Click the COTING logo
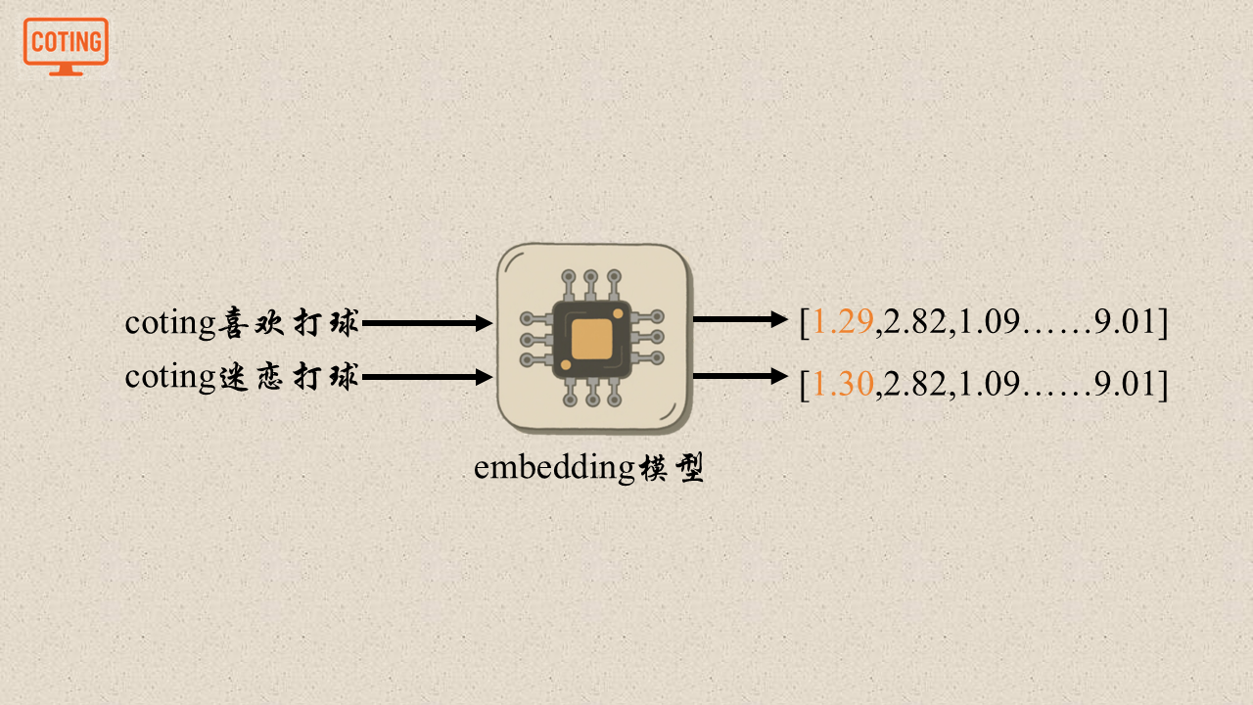click(x=66, y=44)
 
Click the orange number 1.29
click(x=843, y=322)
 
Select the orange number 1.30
click(x=843, y=385)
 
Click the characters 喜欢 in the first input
click(x=251, y=322)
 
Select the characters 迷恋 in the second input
click(x=251, y=377)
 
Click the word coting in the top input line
click(x=169, y=323)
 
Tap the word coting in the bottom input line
click(x=169, y=378)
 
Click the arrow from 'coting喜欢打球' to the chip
click(x=427, y=323)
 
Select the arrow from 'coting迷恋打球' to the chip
click(x=427, y=377)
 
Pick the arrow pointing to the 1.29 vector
click(x=740, y=319)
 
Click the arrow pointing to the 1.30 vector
click(x=740, y=376)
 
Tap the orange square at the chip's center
click(x=591, y=339)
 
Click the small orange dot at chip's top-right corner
click(x=618, y=313)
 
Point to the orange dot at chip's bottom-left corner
click(x=566, y=365)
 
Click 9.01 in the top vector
click(x=1126, y=322)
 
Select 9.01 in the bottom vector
click(x=1126, y=385)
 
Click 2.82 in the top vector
click(x=914, y=322)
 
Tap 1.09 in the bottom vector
click(x=989, y=385)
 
